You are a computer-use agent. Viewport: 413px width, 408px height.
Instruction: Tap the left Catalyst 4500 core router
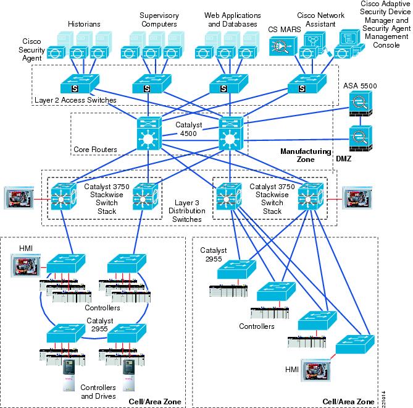pos(148,132)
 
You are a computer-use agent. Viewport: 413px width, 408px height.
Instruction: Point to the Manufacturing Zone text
pos(306,155)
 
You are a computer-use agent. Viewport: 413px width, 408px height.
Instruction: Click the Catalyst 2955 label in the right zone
pos(214,255)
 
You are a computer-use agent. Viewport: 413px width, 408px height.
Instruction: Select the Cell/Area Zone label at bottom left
pos(154,402)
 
